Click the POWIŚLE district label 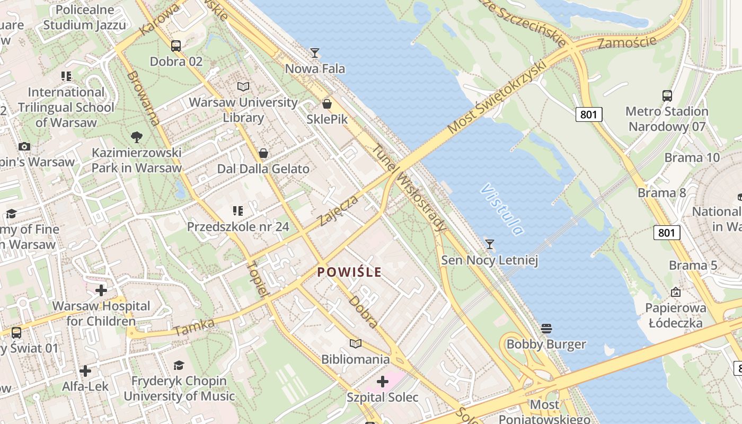click(349, 272)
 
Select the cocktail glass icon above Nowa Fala click(315, 52)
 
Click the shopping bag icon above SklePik click(327, 103)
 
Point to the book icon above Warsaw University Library click(243, 86)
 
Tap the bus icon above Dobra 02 click(176, 46)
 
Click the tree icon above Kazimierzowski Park click(137, 137)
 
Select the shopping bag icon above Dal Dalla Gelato click(263, 154)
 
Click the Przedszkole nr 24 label click(238, 227)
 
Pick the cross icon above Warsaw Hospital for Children click(101, 290)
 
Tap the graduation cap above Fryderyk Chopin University click(179, 365)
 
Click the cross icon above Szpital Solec click(383, 382)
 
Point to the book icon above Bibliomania click(356, 344)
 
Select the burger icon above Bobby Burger click(546, 329)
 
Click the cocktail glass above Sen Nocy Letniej click(490, 244)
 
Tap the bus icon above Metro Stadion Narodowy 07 click(667, 96)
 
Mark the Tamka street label click(194, 327)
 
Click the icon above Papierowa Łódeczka click(676, 292)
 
